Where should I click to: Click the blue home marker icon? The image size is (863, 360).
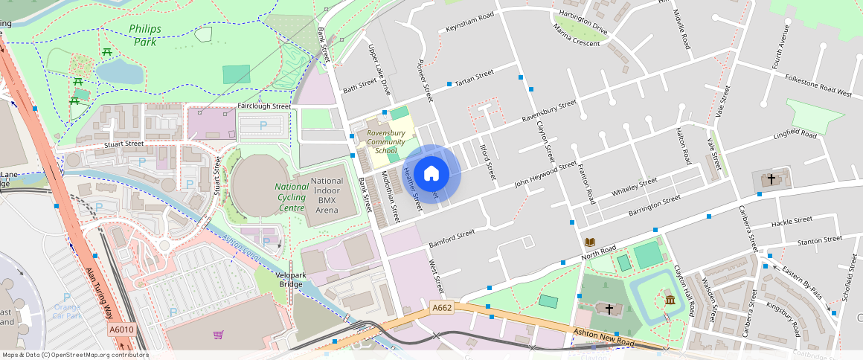pyautogui.click(x=431, y=174)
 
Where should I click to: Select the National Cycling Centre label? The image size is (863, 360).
pyautogui.click(x=291, y=197)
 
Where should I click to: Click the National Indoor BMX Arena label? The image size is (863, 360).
pyautogui.click(x=327, y=196)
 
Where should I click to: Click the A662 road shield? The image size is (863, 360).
pyautogui.click(x=442, y=307)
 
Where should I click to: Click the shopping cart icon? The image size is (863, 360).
pyautogui.click(x=218, y=335)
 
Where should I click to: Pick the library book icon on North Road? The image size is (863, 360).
pyautogui.click(x=590, y=242)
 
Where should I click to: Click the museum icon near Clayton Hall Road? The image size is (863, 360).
pyautogui.click(x=670, y=300)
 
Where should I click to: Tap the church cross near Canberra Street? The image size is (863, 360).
pyautogui.click(x=771, y=179)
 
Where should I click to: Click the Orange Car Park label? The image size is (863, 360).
pyautogui.click(x=67, y=311)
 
